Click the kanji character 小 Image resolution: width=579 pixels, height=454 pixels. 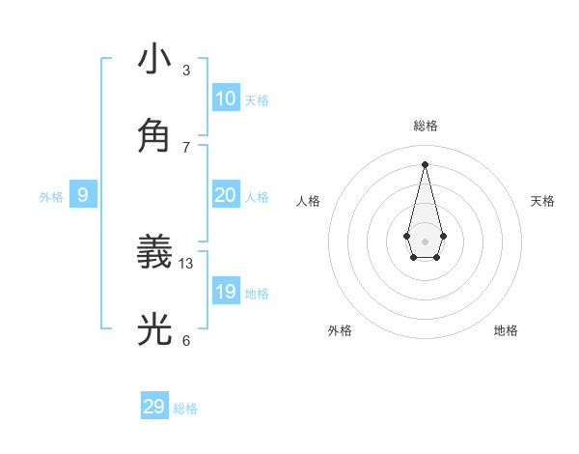click(154, 59)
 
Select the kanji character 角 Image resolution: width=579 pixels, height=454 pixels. click(154, 135)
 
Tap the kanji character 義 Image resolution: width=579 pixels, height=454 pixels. click(154, 254)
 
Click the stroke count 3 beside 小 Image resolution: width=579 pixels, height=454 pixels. click(186, 70)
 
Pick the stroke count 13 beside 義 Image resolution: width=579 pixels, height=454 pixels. click(186, 263)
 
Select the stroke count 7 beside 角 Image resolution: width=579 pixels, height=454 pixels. click(186, 146)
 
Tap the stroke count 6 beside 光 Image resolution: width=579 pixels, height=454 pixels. click(186, 340)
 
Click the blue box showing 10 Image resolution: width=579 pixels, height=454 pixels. click(226, 99)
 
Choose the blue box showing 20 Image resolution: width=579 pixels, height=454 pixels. click(226, 195)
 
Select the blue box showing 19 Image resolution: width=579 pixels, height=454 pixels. click(226, 292)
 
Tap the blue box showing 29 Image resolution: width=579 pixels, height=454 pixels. click(154, 407)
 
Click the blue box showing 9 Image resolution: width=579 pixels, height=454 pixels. click(83, 195)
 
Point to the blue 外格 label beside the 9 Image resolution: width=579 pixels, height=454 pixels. click(51, 197)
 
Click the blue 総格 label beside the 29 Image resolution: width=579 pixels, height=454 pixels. click(185, 409)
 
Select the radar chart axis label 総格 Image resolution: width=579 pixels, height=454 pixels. click(426, 126)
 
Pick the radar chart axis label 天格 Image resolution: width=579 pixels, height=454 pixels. click(542, 201)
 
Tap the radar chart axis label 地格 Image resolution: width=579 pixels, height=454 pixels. click(506, 330)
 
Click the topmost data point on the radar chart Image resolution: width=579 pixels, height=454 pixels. click(425, 163)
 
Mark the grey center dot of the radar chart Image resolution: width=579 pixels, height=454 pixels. click(425, 241)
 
